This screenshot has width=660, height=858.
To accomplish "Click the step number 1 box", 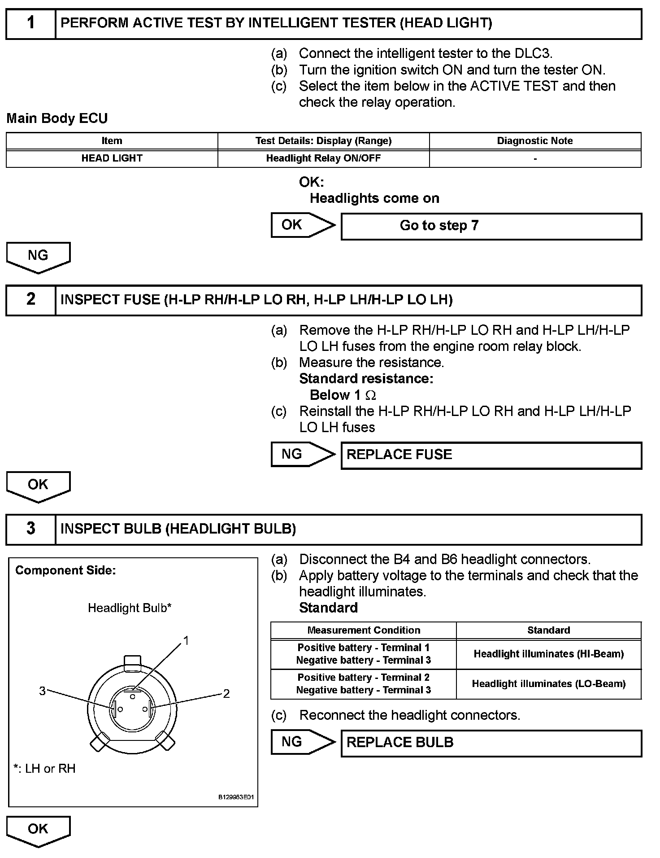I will pos(30,23).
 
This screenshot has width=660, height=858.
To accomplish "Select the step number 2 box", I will pos(30,300).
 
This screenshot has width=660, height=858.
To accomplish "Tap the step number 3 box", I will pos(30,529).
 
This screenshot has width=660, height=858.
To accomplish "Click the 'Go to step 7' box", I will pos(491,226).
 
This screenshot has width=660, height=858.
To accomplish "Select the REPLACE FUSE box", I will pos(491,455).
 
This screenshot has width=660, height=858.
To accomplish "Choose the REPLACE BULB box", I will pos(491,743).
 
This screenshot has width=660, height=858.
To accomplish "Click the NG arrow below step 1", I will pos(38,256).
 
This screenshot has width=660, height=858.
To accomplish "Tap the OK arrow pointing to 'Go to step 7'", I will pos(302,225).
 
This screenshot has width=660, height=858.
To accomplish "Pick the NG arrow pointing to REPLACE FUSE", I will pos(302,454).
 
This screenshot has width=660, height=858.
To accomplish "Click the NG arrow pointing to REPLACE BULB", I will pos(302,742).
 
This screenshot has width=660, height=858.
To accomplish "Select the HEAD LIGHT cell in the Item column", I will pos(112,158).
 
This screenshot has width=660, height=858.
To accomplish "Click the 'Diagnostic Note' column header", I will pos(535,141).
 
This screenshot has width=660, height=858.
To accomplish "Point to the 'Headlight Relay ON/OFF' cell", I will pos(323,158).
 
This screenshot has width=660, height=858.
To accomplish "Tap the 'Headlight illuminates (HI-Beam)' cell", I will pos(549,654).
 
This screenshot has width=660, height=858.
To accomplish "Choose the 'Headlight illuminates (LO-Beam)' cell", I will pos(549,684).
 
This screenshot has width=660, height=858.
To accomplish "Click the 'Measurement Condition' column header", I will pos(364,630).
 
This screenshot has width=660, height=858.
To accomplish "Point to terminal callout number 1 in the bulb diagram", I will pos(186,641).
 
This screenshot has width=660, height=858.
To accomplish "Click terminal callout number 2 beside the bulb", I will pos(226,694).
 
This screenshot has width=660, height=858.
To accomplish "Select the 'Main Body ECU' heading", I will pos(57,118).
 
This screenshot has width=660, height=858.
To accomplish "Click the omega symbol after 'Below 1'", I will pos(371,395).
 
